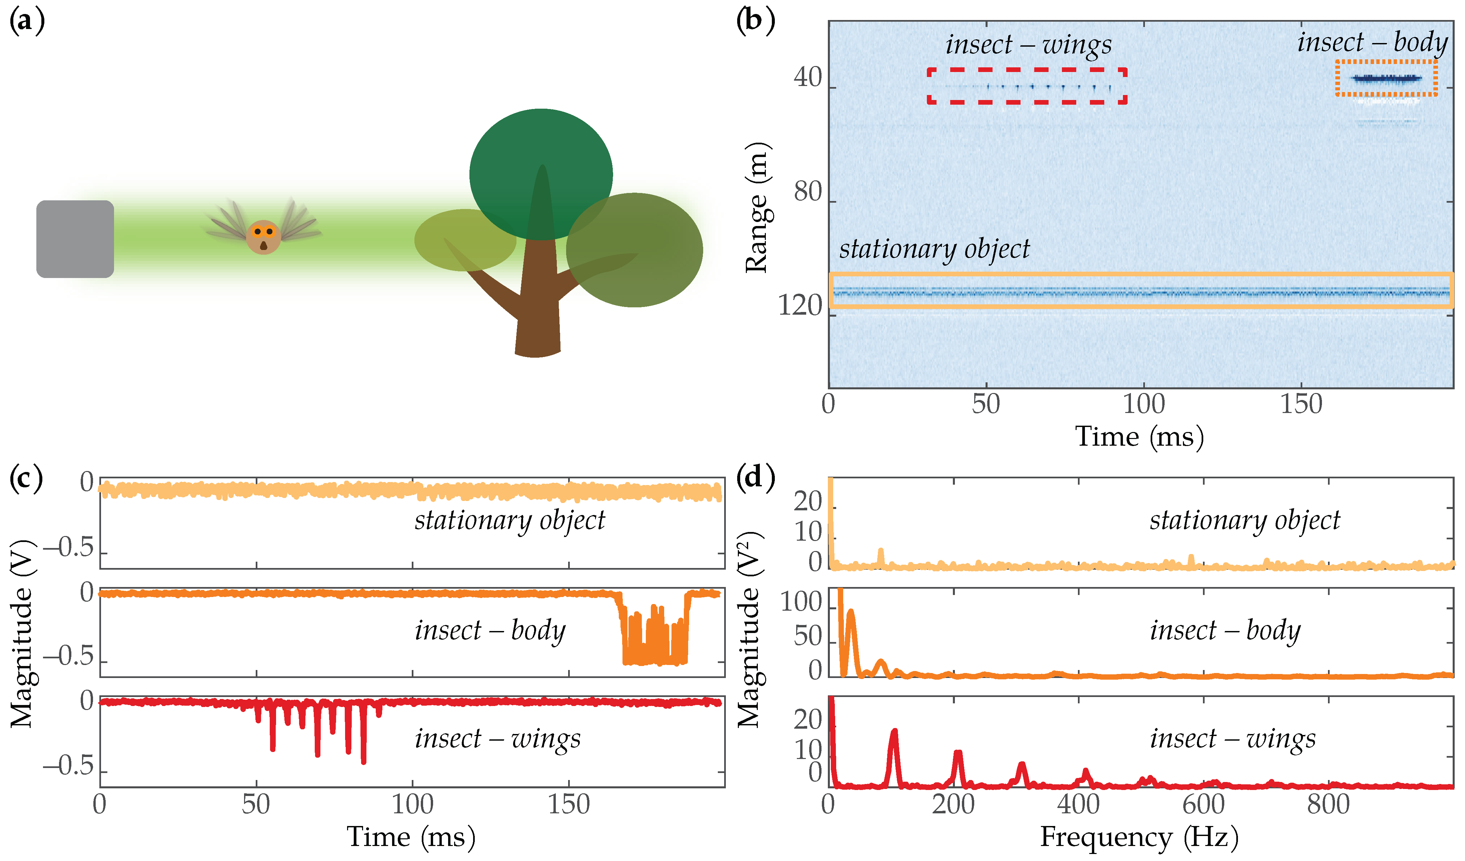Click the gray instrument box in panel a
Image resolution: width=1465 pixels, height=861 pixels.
coord(75,239)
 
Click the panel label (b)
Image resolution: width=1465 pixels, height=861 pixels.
coord(755,22)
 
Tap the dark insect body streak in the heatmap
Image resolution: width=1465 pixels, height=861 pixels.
coord(1387,78)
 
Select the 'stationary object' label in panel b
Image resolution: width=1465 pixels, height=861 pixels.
coord(934,249)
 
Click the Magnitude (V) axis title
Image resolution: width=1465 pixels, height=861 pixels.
coord(22,634)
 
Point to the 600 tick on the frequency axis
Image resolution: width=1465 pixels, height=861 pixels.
coord(1203,805)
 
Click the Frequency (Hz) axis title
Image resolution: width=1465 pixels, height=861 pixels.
coord(1140,837)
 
